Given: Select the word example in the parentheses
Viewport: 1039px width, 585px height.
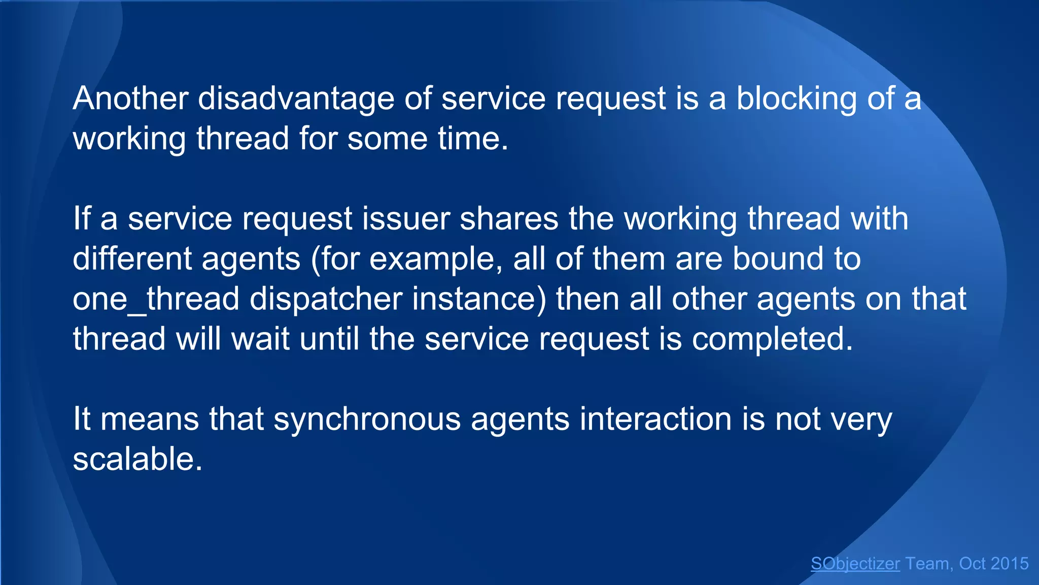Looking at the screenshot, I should [432, 259].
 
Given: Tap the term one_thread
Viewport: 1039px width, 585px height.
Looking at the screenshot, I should [156, 299].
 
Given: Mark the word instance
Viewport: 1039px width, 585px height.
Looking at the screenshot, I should [479, 299].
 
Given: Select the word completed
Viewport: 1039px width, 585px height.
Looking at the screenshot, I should [772, 339].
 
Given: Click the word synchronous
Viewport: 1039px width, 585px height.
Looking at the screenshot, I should [367, 420].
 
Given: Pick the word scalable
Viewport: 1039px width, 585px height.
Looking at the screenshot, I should [137, 459].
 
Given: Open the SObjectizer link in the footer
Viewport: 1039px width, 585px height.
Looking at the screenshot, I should [855, 564].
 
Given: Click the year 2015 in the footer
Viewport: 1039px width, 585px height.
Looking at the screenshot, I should [1009, 564].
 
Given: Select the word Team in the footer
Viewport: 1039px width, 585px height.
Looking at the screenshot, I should [927, 564].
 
